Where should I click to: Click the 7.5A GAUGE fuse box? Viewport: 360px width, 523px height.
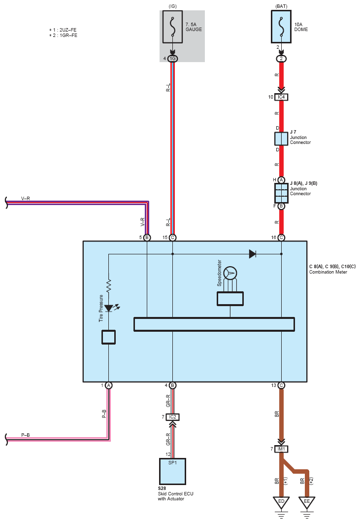(172, 27)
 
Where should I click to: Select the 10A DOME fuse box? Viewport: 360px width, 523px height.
(281, 27)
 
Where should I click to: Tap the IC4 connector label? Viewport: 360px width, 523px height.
(281, 97)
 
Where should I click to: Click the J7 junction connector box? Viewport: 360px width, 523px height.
(281, 139)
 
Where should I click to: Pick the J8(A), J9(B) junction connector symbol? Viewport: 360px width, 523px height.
(281, 193)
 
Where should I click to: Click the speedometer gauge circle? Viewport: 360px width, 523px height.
(230, 273)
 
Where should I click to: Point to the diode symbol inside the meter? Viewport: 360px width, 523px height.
(253, 254)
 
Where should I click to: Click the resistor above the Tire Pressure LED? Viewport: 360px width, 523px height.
(109, 286)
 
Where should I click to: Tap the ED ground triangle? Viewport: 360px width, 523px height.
(281, 502)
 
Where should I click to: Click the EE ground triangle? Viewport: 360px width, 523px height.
(307, 502)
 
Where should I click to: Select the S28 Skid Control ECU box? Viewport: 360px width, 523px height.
(172, 471)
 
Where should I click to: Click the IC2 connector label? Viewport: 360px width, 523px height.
(172, 417)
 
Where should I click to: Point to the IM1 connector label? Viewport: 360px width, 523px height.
(281, 449)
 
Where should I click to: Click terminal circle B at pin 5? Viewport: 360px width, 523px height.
(147, 238)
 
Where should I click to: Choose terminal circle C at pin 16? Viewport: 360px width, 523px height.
(281, 238)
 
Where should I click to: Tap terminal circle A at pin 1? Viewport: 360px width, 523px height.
(109, 385)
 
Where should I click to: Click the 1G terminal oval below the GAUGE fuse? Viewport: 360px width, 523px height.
(172, 59)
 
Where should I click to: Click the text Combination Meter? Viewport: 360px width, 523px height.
(328, 272)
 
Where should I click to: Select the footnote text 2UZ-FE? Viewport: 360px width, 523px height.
(68, 30)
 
